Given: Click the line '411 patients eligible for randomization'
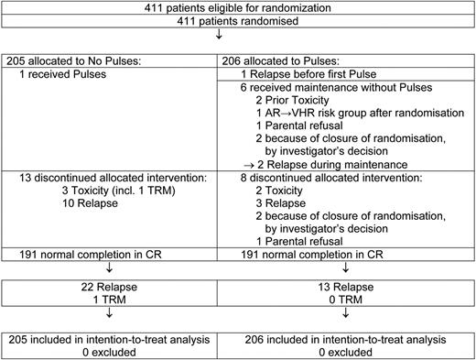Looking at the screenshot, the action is point(238,8).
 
